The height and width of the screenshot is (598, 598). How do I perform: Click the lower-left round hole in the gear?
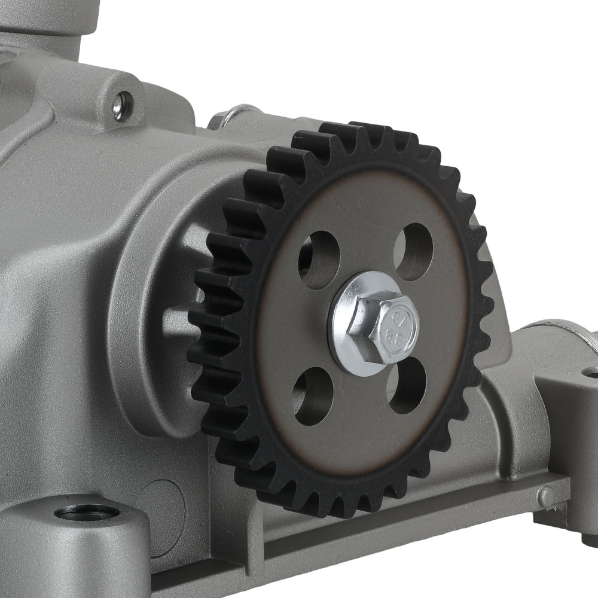[x=312, y=396]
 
